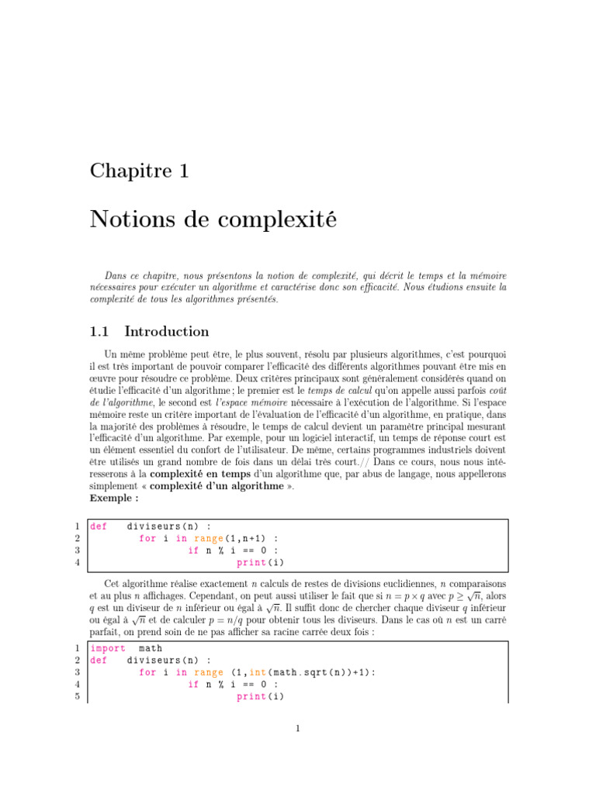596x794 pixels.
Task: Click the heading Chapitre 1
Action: tap(140, 171)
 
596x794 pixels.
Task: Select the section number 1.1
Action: tap(100, 332)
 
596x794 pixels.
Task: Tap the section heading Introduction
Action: tap(167, 332)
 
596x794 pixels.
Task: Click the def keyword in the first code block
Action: tap(99, 526)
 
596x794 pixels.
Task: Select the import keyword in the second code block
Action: tap(108, 648)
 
